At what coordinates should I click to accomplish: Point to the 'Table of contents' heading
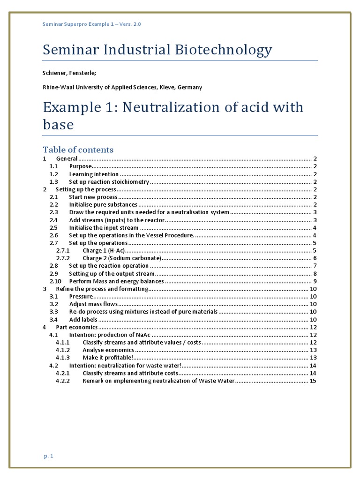(78, 150)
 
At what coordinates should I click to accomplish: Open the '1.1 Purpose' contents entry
(80, 166)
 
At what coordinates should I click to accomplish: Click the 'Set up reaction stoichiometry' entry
(109, 181)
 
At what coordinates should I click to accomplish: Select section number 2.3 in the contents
(53, 212)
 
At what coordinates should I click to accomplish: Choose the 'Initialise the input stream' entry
(104, 227)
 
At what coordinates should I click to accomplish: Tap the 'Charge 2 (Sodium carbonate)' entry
(122, 258)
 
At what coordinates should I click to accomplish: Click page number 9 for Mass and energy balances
(315, 281)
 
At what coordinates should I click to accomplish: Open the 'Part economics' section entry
(77, 327)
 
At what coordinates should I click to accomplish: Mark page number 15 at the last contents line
(313, 381)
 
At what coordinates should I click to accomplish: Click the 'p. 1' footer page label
(48, 456)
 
